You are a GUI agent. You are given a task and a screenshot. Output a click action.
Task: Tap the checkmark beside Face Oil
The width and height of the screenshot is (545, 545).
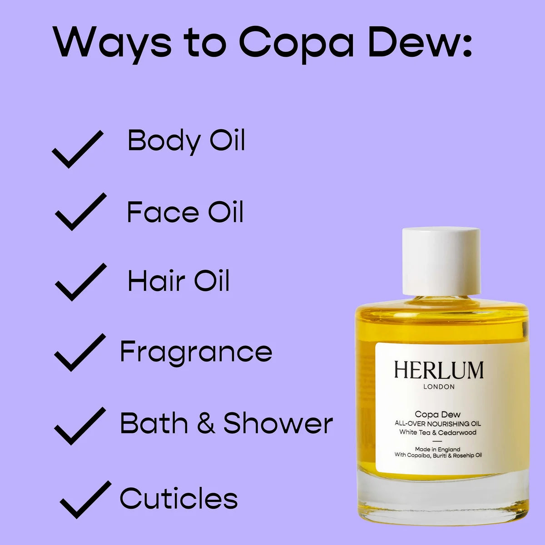[80, 212]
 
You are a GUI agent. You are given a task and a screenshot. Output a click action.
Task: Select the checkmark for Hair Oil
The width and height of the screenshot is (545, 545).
[80, 282]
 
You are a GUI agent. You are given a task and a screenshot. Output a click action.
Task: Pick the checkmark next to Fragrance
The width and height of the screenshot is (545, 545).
[79, 352]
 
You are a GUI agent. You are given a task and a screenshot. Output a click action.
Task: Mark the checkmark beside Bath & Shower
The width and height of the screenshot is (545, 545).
[79, 426]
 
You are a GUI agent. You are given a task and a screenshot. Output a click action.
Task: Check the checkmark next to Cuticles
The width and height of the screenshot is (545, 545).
[85, 500]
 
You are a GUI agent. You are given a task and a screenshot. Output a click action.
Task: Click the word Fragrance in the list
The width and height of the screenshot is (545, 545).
[196, 352]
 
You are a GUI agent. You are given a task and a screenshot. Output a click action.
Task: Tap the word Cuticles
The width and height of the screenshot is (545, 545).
[178, 498]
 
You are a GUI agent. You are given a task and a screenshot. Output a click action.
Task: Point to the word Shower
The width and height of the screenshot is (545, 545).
[278, 423]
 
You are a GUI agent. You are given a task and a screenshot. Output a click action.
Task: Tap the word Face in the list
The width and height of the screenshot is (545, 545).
[163, 212]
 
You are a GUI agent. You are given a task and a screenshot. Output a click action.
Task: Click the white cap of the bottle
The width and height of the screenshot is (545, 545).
[441, 261]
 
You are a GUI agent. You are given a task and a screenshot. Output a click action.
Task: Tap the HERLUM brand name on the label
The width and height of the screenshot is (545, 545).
[438, 370]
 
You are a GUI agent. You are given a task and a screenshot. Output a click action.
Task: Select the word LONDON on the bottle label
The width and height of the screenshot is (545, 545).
[439, 387]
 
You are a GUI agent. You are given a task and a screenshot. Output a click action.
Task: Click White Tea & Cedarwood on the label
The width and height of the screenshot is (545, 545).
[438, 432]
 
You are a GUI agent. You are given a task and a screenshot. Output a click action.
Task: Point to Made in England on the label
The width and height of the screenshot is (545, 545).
[437, 449]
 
